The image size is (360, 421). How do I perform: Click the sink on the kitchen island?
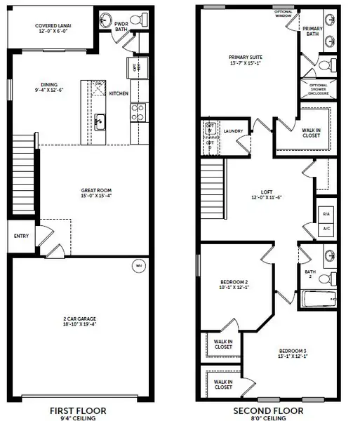pos(100,120)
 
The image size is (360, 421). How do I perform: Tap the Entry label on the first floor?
pos(21,236)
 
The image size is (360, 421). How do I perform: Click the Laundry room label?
pos(233,131)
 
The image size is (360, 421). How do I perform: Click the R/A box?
pos(326,213)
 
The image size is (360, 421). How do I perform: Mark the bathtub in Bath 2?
pos(320,300)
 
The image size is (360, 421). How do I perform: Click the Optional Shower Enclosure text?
pos(319,88)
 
